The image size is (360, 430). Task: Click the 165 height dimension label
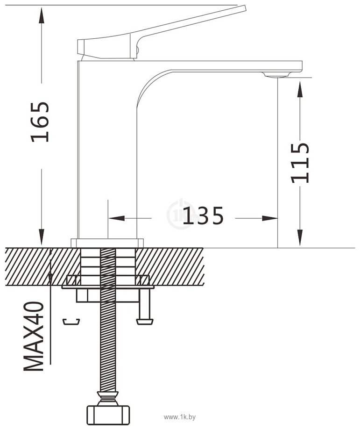[x=40, y=122]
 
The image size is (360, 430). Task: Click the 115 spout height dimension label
[x=300, y=163]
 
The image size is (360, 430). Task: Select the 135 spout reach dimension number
[x=203, y=215]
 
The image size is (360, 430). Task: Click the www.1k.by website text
[x=180, y=417]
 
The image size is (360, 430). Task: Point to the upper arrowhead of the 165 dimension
[x=42, y=15]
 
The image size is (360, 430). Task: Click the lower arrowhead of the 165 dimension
[x=42, y=237]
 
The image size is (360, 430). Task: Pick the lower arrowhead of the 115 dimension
[x=300, y=238]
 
